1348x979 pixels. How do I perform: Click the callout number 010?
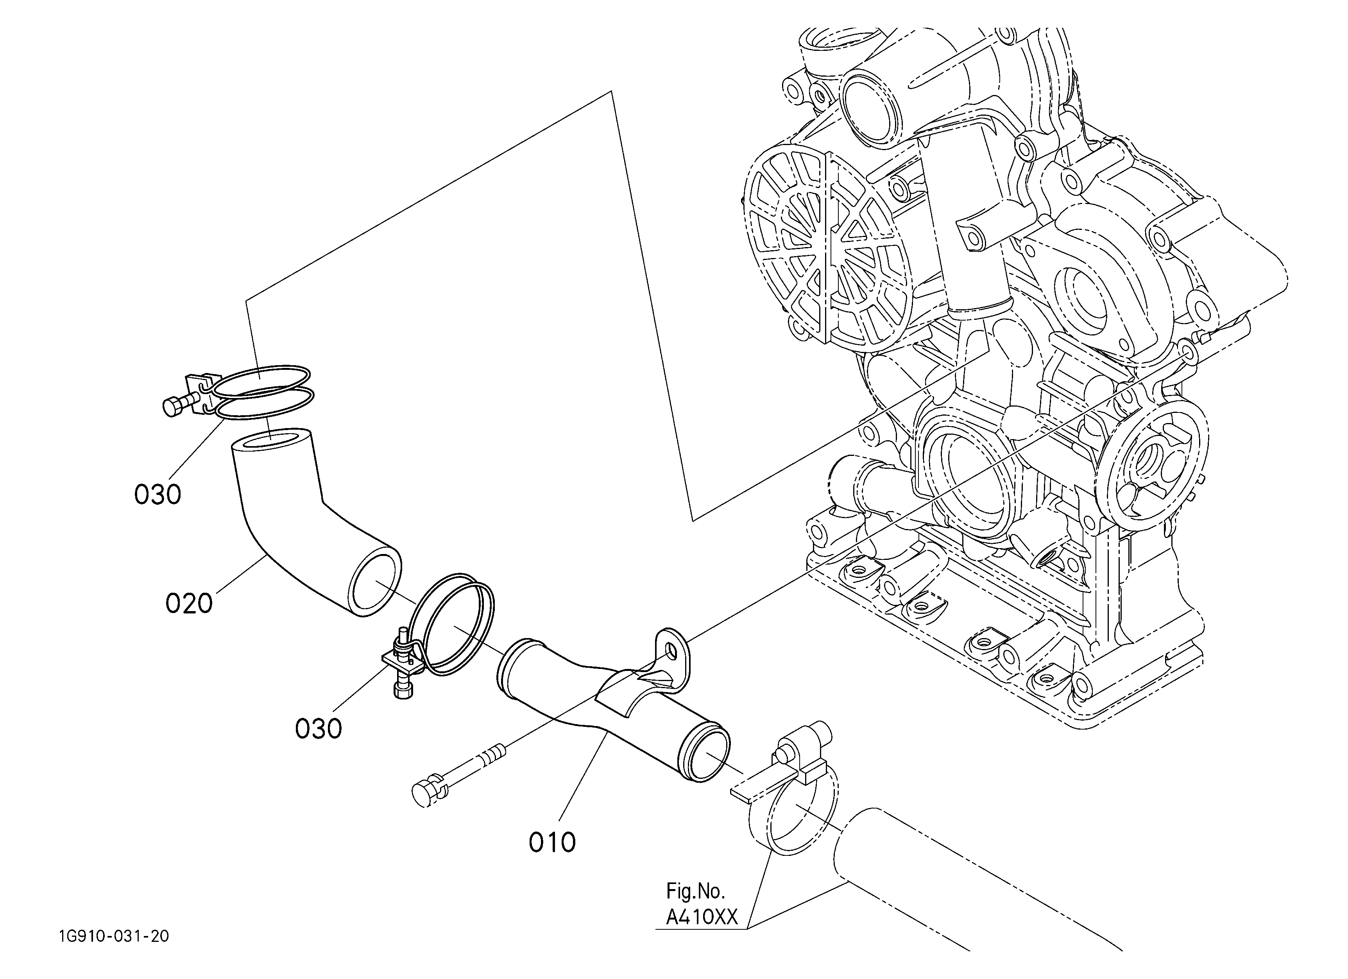point(552,842)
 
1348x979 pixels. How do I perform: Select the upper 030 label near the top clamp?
point(158,495)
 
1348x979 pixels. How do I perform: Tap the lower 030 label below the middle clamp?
point(319,729)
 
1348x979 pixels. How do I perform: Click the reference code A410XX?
point(701,918)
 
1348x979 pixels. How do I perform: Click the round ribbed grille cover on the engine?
point(829,250)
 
